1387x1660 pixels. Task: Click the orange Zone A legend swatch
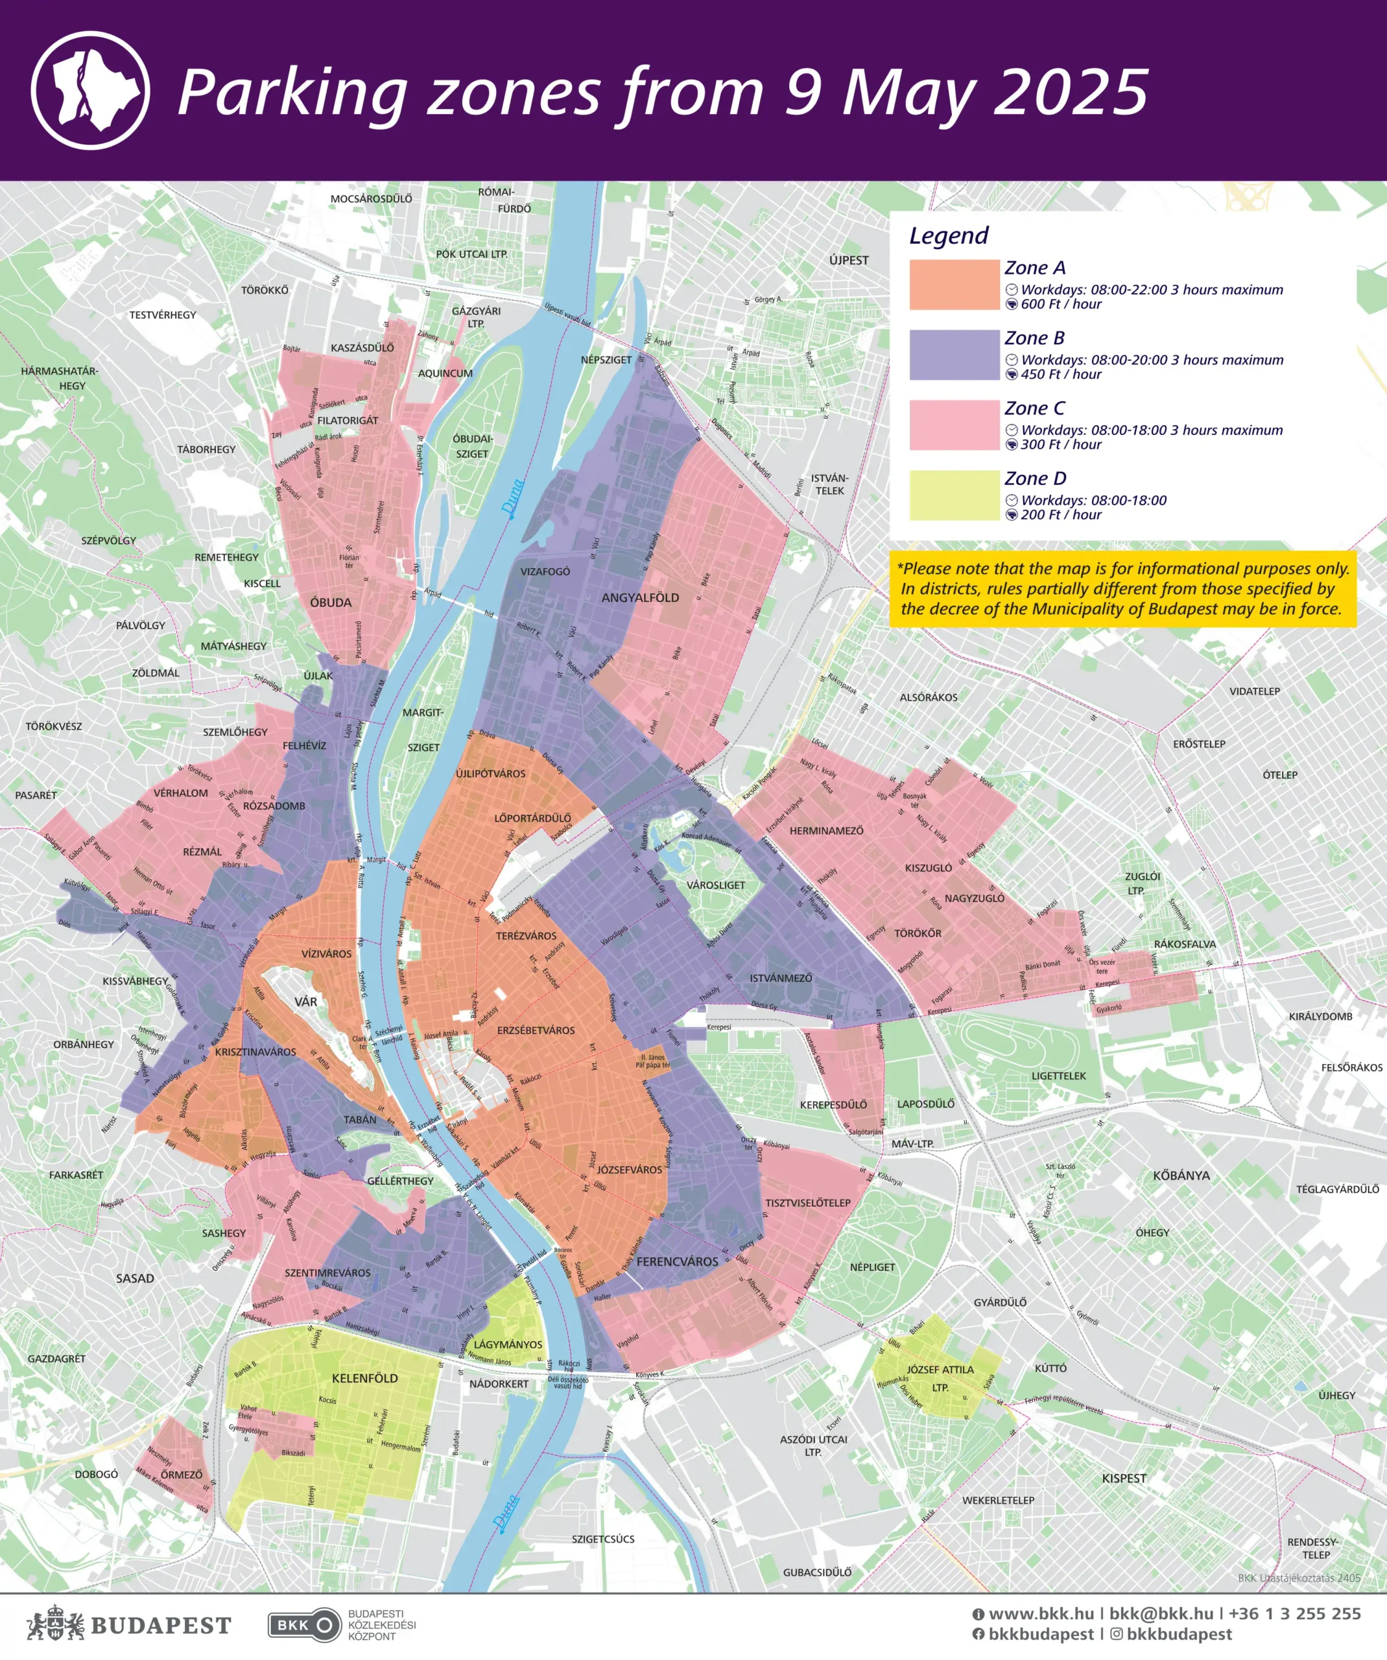(x=954, y=285)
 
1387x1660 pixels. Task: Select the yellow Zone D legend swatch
(x=954, y=495)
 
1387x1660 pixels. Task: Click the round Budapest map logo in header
(x=91, y=90)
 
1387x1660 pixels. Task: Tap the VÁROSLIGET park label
(x=715, y=885)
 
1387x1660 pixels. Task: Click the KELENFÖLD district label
(x=364, y=1378)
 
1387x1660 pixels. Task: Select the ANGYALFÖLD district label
(x=640, y=598)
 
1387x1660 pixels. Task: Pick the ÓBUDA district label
(x=330, y=602)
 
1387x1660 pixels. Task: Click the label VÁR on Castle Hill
(x=306, y=1002)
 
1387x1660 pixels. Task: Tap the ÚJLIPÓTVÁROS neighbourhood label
(x=490, y=774)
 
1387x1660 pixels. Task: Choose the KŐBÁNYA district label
(x=1181, y=1176)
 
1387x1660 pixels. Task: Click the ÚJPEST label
(x=849, y=260)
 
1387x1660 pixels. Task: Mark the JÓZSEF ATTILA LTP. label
(x=940, y=1378)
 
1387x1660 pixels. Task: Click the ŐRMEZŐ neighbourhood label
(x=182, y=1475)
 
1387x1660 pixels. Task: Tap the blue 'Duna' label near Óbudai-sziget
(x=513, y=498)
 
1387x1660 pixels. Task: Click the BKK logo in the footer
(x=303, y=1625)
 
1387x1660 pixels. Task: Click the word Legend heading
(x=949, y=235)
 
